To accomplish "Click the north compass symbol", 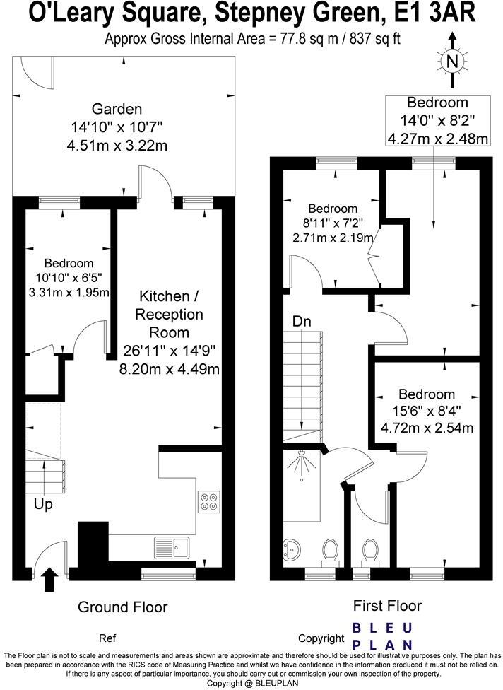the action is [x=452, y=61].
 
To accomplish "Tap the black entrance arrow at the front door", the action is [x=51, y=580].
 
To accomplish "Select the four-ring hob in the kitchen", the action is [x=208, y=502].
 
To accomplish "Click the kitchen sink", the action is [x=172, y=548].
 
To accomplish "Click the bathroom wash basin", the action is [x=290, y=551].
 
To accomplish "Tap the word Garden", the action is [x=117, y=109].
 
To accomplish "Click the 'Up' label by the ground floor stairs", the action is [x=43, y=504].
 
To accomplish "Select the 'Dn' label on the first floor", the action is [x=302, y=322].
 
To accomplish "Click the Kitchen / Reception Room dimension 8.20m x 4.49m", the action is [x=170, y=369].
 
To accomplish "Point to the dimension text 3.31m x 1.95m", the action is [x=69, y=292].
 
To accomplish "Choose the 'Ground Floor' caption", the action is [x=123, y=607].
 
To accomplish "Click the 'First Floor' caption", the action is [x=387, y=606].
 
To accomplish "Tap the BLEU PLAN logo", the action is [x=382, y=636].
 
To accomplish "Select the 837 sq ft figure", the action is [x=374, y=39].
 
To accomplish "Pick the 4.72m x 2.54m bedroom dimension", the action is [x=427, y=428].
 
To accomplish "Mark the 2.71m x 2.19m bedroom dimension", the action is [x=333, y=238].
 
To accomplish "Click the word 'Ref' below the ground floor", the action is [x=107, y=638].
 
